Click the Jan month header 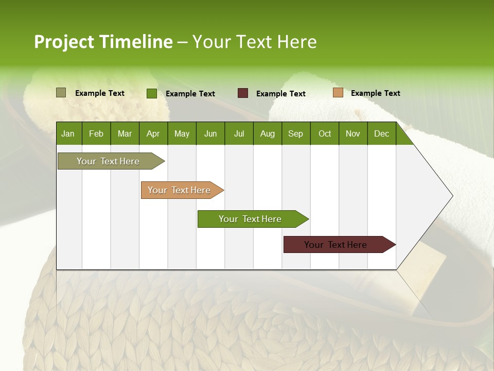(x=68, y=133)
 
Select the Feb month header (x=96, y=133)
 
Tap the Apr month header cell (x=153, y=133)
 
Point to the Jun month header (x=210, y=133)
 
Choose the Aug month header (x=268, y=133)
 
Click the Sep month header (x=296, y=133)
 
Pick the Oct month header (x=325, y=133)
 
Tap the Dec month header (x=382, y=133)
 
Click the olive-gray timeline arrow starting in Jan (x=109, y=161)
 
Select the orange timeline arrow (x=180, y=190)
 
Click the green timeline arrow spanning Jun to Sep (x=251, y=219)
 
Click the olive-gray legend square (x=61, y=93)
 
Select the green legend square (x=151, y=93)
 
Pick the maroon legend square (x=243, y=93)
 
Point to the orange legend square (x=338, y=93)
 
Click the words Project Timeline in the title (x=103, y=42)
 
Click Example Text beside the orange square (x=375, y=93)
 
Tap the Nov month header (x=353, y=133)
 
